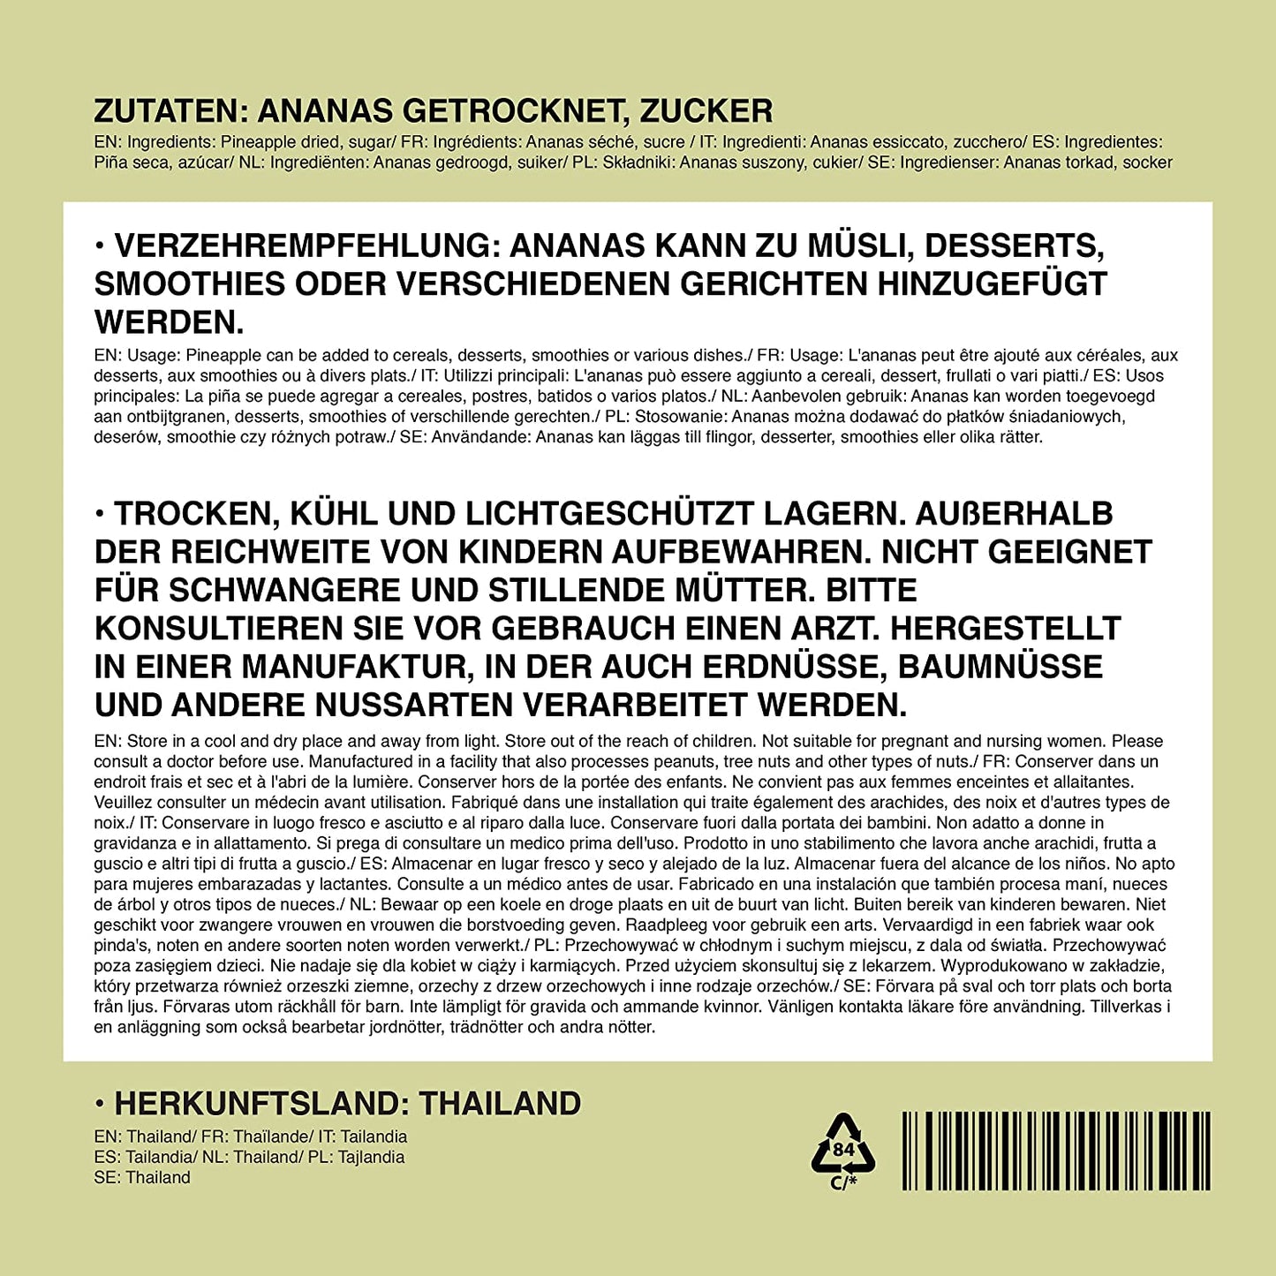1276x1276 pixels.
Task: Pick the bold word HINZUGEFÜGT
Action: click(x=992, y=283)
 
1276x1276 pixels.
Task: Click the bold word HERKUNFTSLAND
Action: click(x=260, y=1104)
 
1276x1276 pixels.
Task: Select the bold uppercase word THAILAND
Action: click(x=500, y=1104)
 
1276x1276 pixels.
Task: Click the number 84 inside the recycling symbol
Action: click(x=843, y=1150)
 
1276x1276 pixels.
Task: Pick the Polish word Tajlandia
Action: click(x=372, y=1157)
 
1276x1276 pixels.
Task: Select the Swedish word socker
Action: click(x=1147, y=162)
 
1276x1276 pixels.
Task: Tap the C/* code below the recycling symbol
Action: click(x=843, y=1182)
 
